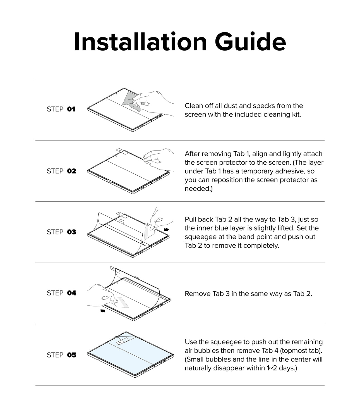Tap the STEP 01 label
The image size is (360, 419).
[61, 109]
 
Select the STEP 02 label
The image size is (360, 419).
[61, 171]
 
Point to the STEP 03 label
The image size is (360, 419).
[61, 232]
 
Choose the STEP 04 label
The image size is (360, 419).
[61, 293]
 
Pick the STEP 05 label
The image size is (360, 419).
[61, 355]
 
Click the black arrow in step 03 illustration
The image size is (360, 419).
[166, 230]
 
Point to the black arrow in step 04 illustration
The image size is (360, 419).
[103, 310]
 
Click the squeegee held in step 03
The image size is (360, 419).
[149, 232]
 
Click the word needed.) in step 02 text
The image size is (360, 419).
[198, 189]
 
